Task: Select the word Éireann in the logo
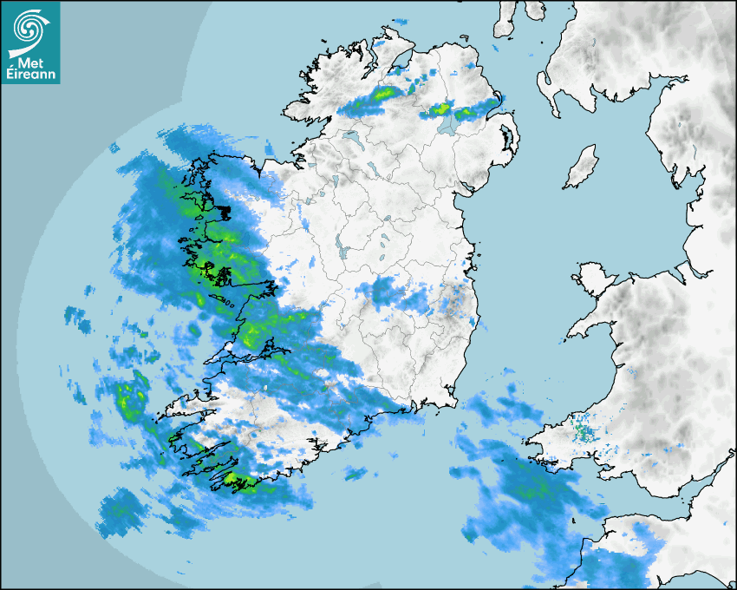pyautogui.click(x=31, y=75)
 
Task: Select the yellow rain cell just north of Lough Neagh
pyautogui.click(x=441, y=109)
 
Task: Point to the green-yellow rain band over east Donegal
pyautogui.click(x=382, y=93)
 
